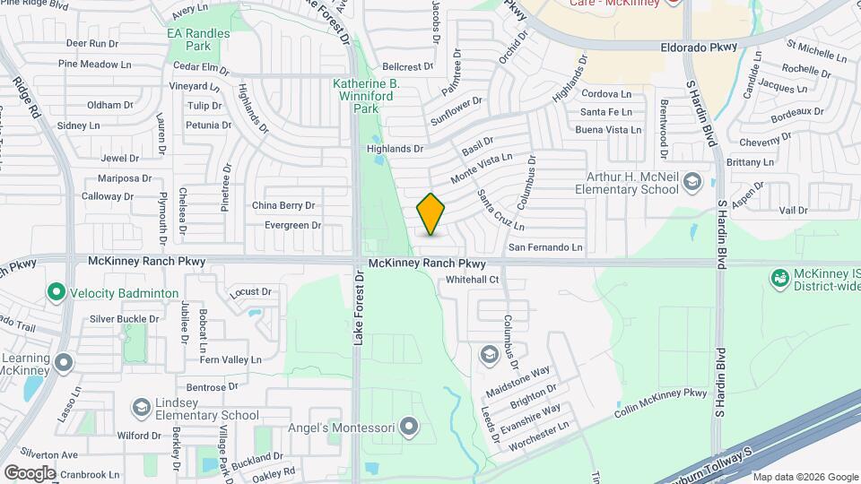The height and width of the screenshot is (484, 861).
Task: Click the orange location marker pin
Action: (x=430, y=213)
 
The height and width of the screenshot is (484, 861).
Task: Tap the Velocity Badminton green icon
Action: (x=56, y=292)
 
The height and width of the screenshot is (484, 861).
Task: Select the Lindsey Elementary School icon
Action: (x=141, y=408)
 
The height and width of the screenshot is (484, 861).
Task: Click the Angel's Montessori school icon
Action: (x=409, y=427)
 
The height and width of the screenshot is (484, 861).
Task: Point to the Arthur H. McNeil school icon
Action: (x=691, y=183)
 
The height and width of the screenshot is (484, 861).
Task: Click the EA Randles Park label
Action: (x=199, y=39)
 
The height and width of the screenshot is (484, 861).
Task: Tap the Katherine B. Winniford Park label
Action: (x=366, y=96)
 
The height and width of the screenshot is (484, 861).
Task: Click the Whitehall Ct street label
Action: (x=473, y=280)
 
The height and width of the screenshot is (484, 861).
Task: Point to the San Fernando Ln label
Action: (x=545, y=246)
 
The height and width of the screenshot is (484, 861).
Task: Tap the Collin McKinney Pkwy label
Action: (x=662, y=403)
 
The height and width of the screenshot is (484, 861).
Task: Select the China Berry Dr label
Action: (x=283, y=205)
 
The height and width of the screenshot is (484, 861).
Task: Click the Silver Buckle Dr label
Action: (x=125, y=318)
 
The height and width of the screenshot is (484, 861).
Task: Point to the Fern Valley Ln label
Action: (x=230, y=359)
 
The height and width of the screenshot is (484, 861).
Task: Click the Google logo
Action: (x=30, y=472)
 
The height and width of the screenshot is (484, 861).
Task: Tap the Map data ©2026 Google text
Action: (x=804, y=477)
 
